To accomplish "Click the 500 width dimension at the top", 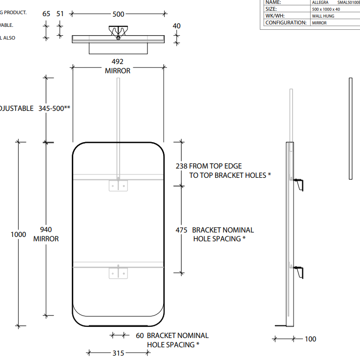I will pos(118,14).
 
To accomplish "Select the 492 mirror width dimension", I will pos(118,62).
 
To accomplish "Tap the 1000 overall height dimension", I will pos(19,234).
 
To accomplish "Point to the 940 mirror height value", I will pos(46,230).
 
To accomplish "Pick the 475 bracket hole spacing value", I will pos(181,230).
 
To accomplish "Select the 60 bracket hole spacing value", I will pos(140,336).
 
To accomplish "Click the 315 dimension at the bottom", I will pos(118,353).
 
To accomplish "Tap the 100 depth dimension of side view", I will pos(310,339).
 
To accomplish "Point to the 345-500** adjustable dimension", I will pos(55,108).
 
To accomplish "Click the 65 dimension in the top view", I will pos(46,14).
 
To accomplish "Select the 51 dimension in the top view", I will pos(60,14).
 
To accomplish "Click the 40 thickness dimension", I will pos(176,25).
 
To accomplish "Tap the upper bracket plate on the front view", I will pos(118,186).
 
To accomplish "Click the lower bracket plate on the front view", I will pos(118,273).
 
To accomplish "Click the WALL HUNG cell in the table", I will pos(323,16).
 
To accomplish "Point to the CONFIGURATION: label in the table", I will pos(286,22).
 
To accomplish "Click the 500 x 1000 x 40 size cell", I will pos(326,9).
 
